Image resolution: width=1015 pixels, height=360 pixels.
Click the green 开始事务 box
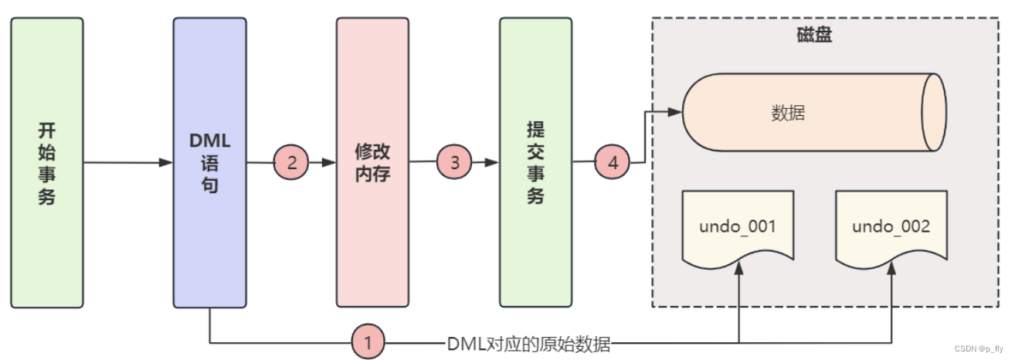coord(47,162)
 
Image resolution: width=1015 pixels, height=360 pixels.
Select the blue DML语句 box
coord(209,162)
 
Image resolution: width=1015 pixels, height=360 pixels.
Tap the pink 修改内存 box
coord(372,162)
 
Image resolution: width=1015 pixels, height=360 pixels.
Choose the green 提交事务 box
coord(535,162)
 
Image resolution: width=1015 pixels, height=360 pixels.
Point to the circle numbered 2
coord(291,163)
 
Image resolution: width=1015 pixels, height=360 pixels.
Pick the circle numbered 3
coord(454,163)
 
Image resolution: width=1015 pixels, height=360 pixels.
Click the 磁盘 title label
coord(814,35)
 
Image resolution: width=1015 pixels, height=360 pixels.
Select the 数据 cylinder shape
coord(811,113)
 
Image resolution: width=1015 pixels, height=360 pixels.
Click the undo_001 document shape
coord(737,228)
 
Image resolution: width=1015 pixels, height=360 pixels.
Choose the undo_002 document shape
coord(891,228)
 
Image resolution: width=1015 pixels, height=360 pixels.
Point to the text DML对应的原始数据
coord(528,345)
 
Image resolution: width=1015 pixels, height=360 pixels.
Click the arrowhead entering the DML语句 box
coord(166,163)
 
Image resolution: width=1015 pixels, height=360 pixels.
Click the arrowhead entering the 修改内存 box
coord(329,163)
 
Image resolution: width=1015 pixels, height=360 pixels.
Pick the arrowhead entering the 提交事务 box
coord(492,163)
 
